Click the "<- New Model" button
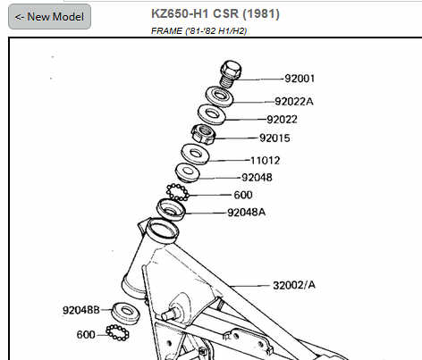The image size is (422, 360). click(x=49, y=17)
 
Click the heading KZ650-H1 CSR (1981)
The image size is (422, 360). click(x=215, y=13)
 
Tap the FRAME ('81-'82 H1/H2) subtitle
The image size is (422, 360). click(x=198, y=30)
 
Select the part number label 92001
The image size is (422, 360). click(x=300, y=79)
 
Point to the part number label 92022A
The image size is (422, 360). click(x=294, y=102)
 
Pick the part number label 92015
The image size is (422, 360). click(x=274, y=138)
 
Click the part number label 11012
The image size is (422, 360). click(x=265, y=161)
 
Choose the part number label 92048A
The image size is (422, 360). click(x=246, y=213)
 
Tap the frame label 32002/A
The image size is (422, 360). click(x=294, y=285)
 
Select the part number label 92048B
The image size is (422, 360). click(x=81, y=310)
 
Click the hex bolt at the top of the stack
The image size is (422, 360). click(x=231, y=74)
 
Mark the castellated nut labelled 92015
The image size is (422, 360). click(x=204, y=135)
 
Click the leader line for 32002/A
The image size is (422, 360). click(x=249, y=286)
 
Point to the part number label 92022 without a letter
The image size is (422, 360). click(x=282, y=120)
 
